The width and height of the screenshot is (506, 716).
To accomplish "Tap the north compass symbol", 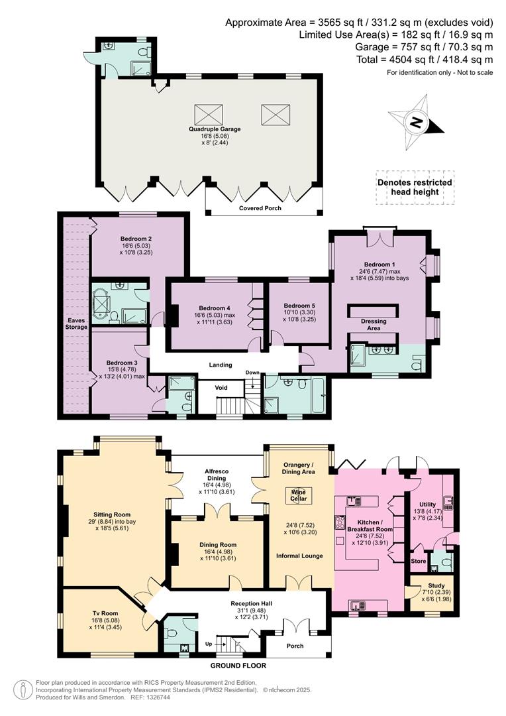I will click(417, 122).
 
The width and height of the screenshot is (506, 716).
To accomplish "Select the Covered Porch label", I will click(260, 208).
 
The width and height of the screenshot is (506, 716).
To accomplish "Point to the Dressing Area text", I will click(374, 325).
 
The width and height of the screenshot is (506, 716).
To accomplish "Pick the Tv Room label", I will click(105, 613).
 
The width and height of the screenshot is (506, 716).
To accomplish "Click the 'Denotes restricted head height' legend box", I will click(415, 187).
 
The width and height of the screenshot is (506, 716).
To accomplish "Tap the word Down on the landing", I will click(252, 373).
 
